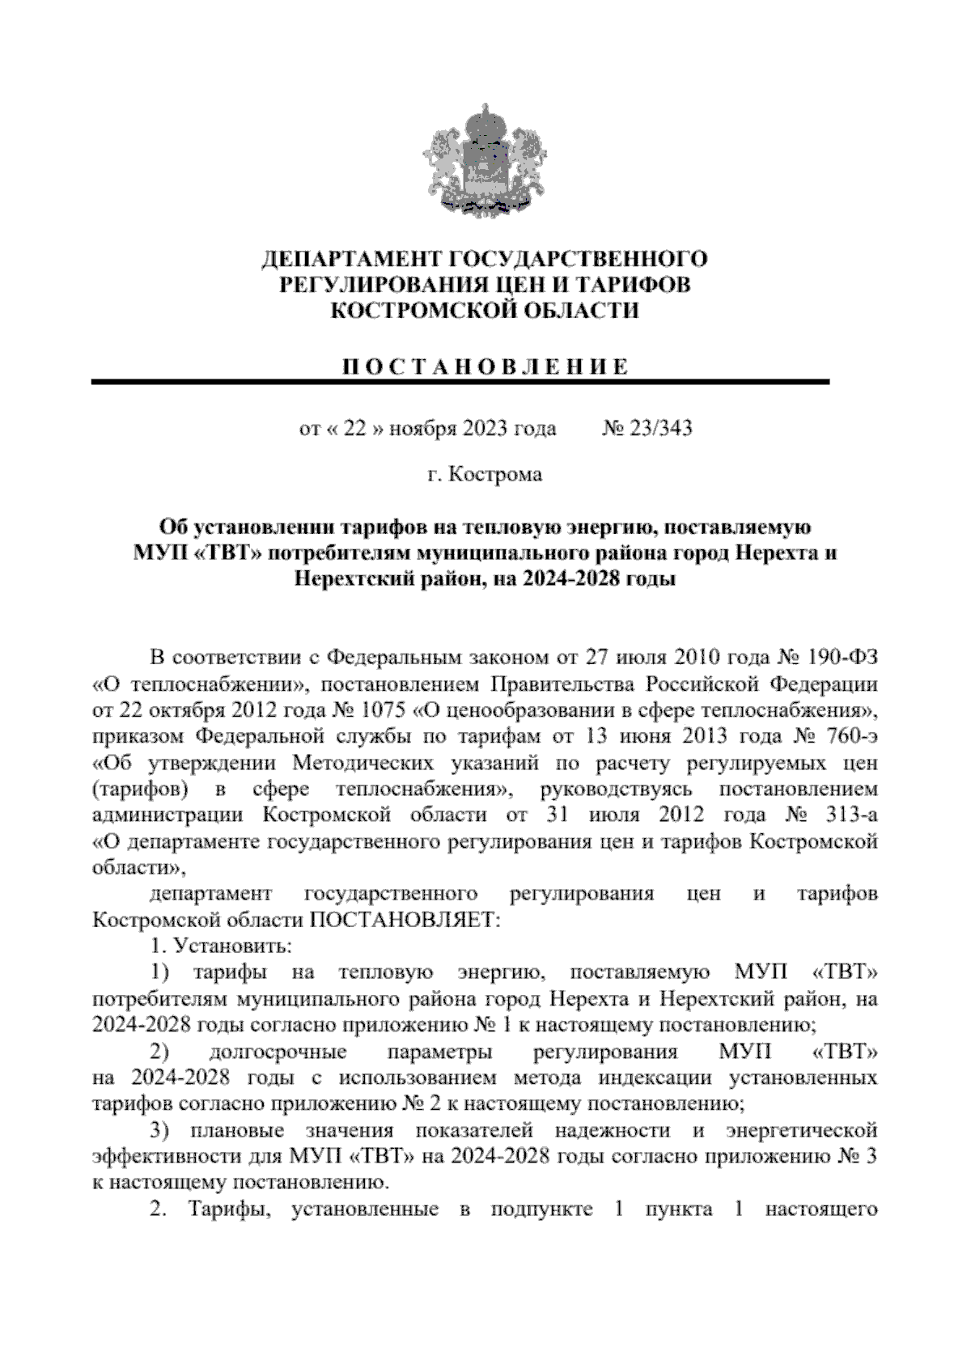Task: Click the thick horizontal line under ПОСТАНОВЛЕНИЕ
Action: click(461, 382)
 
